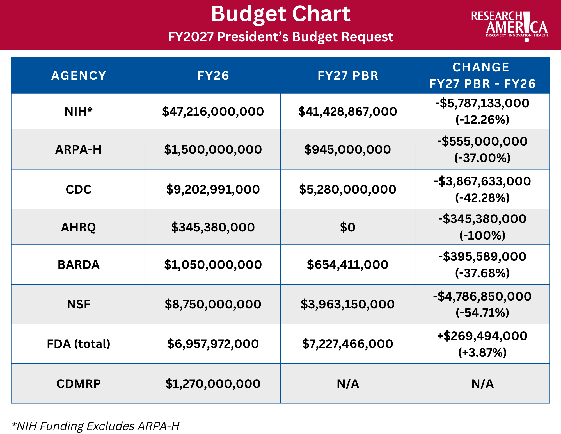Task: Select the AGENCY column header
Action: (79, 76)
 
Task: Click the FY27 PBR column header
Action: (348, 76)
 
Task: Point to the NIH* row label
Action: (79, 112)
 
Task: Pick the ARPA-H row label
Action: (79, 149)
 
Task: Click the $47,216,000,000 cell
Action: (213, 112)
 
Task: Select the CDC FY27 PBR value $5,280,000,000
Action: (347, 189)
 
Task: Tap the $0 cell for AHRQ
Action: (347, 227)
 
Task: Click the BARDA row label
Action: (79, 265)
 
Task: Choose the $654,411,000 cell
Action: (347, 265)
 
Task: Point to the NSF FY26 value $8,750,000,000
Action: (213, 304)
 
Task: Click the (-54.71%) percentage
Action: (482, 313)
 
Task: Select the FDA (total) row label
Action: (79, 344)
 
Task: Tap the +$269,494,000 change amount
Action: (482, 336)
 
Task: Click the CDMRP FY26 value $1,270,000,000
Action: (213, 384)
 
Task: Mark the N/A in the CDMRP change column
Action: (482, 384)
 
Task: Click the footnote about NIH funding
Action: (95, 426)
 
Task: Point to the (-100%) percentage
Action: (482, 235)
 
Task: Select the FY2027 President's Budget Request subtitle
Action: (280, 37)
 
